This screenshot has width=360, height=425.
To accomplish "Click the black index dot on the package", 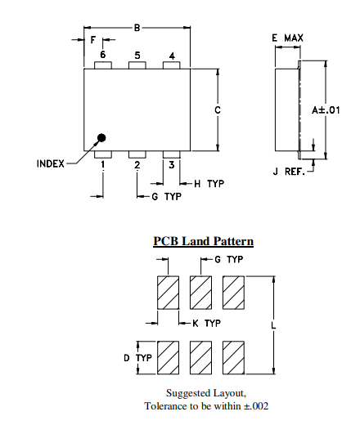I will pos(101,139).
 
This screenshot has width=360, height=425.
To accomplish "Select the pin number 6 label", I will pos(103,56).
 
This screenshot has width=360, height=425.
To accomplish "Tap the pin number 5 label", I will pos(137,56).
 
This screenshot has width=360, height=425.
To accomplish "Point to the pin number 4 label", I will pos(172,56).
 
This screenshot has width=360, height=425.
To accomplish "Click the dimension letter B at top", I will pos(137,27).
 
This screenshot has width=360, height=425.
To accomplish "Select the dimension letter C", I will pos(218,110).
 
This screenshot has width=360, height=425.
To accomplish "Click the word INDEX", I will pos(51,163).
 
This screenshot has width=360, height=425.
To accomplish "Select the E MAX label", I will pos(288,38).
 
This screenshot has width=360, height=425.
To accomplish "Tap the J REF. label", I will pos(289,172).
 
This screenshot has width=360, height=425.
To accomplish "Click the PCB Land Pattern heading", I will pos(203,241).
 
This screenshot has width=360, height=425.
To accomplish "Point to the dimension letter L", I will pos(272,325).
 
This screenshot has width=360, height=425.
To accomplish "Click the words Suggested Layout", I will pos(205,392).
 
